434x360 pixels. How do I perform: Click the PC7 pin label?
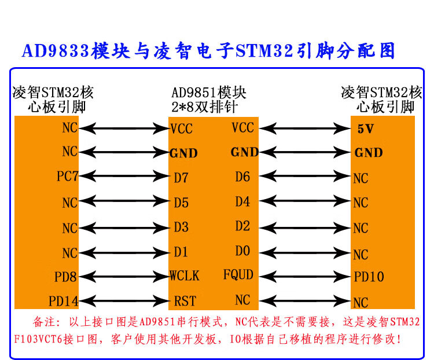coord(68,176)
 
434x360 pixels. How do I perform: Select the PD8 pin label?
coord(67,277)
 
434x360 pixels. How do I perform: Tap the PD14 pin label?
coord(64,301)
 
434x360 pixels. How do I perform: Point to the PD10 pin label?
coord(369,277)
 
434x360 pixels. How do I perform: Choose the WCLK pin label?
coord(185,275)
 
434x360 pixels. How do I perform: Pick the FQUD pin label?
coord(238,274)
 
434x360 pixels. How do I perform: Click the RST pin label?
coord(185,301)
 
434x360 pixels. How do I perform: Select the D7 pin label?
coord(181,178)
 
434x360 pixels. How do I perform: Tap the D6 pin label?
coord(242,177)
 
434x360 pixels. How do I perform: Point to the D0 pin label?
coord(242,251)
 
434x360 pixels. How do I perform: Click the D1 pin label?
coord(181,252)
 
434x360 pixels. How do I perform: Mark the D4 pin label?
coord(242,202)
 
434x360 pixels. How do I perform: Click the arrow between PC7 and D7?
coord(123,177)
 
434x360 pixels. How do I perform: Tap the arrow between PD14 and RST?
coord(123,300)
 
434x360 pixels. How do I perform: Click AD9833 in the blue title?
coord(56,51)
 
